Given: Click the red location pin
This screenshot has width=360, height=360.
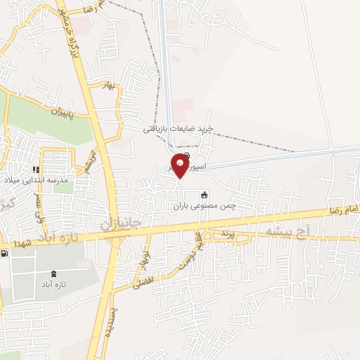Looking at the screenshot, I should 181,166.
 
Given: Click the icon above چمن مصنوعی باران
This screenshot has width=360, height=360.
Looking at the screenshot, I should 205,195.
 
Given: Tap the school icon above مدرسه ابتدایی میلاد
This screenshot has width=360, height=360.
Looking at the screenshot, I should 37,169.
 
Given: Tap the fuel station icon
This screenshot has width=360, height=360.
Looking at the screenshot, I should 5,253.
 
